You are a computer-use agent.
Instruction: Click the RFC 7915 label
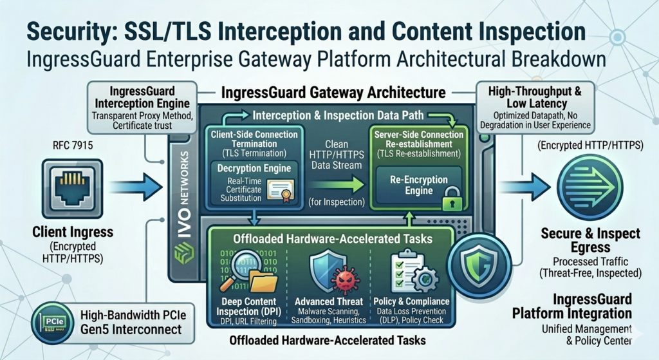(73, 146)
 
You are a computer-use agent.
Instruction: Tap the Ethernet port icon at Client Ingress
(72, 189)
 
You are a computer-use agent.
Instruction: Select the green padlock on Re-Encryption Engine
(452, 199)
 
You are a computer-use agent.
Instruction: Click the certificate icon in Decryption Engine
(281, 191)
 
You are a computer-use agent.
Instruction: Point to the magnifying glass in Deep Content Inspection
(237, 269)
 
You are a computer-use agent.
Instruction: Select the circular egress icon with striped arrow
(589, 186)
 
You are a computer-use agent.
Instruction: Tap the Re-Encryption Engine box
(418, 185)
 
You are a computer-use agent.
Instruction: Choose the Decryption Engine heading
(254, 168)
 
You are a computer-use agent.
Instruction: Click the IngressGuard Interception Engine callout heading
(142, 97)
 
